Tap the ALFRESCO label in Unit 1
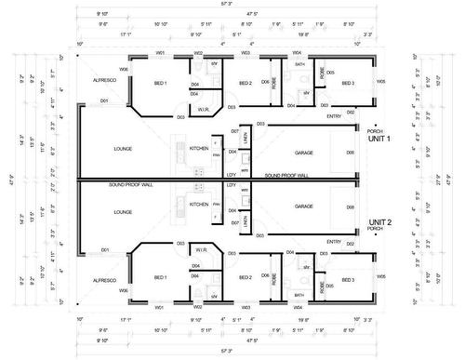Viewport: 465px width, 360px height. (103, 82)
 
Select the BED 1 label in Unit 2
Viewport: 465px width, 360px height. (160, 277)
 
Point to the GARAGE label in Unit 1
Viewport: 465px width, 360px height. (303, 152)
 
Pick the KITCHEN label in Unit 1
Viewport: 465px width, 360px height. (199, 149)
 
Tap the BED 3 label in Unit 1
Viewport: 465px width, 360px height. (347, 83)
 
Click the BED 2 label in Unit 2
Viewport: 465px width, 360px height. (246, 277)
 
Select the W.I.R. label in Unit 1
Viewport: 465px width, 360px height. (202, 109)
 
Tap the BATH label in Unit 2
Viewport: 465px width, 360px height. (299, 294)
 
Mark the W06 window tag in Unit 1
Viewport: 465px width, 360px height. (123, 69)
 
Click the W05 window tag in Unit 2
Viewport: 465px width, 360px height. (379, 277)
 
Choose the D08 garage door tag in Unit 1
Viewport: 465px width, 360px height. (350, 152)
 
